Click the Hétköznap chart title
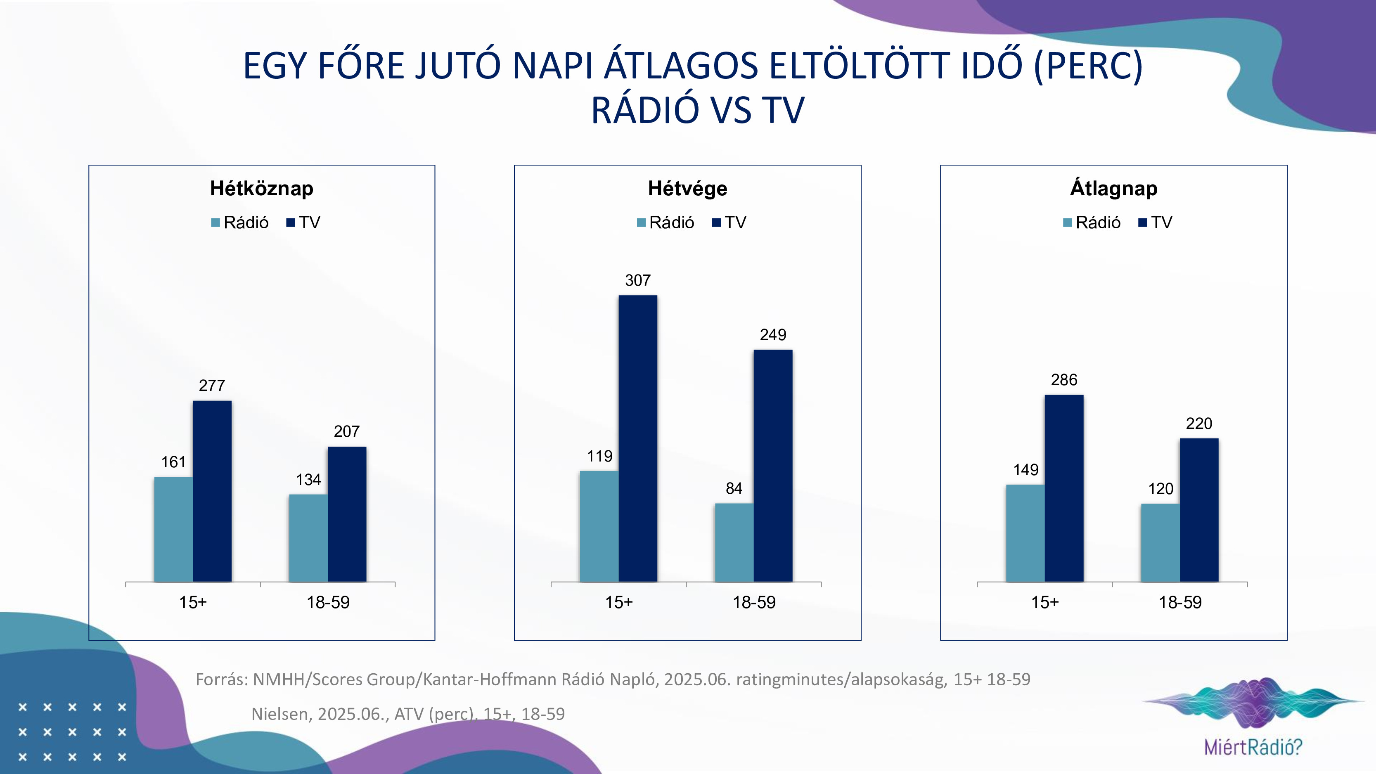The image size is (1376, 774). [261, 189]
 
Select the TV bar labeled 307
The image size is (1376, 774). [638, 438]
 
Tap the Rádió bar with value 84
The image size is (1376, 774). [734, 542]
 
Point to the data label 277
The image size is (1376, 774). [212, 385]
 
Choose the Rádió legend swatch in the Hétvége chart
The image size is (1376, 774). [641, 223]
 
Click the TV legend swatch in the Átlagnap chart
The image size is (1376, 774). [1143, 223]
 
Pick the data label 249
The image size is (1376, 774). [773, 335]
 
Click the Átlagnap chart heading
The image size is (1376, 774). [1114, 189]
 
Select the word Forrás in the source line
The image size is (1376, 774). [222, 679]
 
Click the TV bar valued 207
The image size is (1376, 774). [347, 514]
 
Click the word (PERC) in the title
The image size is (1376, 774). [1088, 66]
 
